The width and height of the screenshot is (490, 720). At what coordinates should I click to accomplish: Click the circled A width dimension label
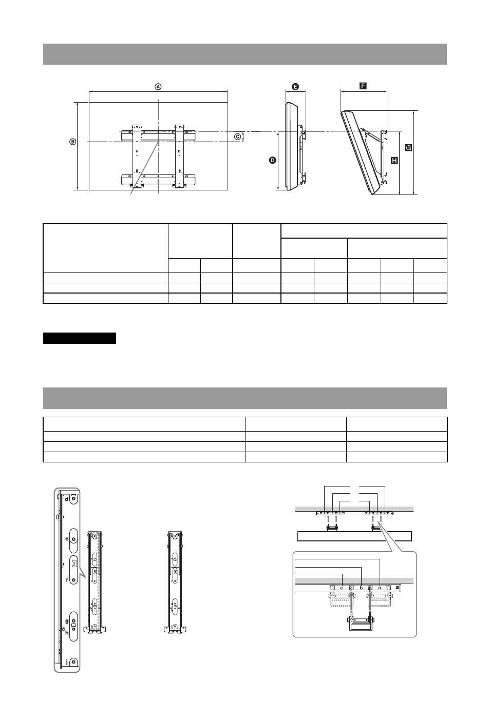tap(158, 87)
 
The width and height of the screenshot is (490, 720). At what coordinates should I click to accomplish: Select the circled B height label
tap(73, 142)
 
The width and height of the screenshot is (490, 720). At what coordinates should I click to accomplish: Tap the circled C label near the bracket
tap(237, 137)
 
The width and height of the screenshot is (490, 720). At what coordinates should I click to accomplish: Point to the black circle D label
tap(273, 160)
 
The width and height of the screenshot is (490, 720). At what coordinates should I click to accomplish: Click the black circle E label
tap(295, 86)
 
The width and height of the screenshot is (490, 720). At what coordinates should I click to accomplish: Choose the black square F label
tap(363, 86)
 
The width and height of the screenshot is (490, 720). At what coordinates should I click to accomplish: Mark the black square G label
tap(408, 147)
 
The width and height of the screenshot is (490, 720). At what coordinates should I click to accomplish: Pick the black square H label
tap(394, 160)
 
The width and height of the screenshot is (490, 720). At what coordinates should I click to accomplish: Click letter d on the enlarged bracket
tap(67, 499)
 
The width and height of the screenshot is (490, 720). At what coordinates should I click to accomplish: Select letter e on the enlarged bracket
tap(67, 539)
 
